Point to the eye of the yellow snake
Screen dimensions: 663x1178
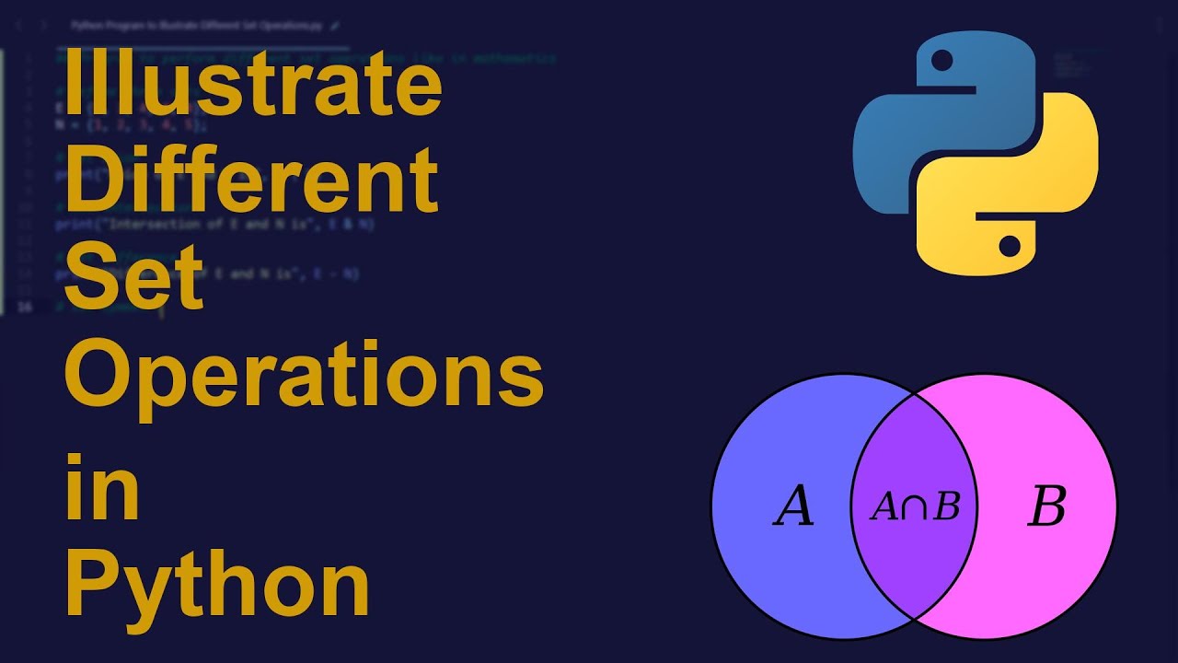[1010, 246]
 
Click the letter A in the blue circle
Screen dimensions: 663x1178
[793, 506]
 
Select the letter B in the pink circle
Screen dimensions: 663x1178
[1046, 506]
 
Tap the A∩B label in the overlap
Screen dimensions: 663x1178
[915, 506]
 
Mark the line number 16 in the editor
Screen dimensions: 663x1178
[25, 307]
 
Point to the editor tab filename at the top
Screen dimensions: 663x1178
[198, 26]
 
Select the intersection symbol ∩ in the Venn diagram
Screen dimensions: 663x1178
[914, 507]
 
